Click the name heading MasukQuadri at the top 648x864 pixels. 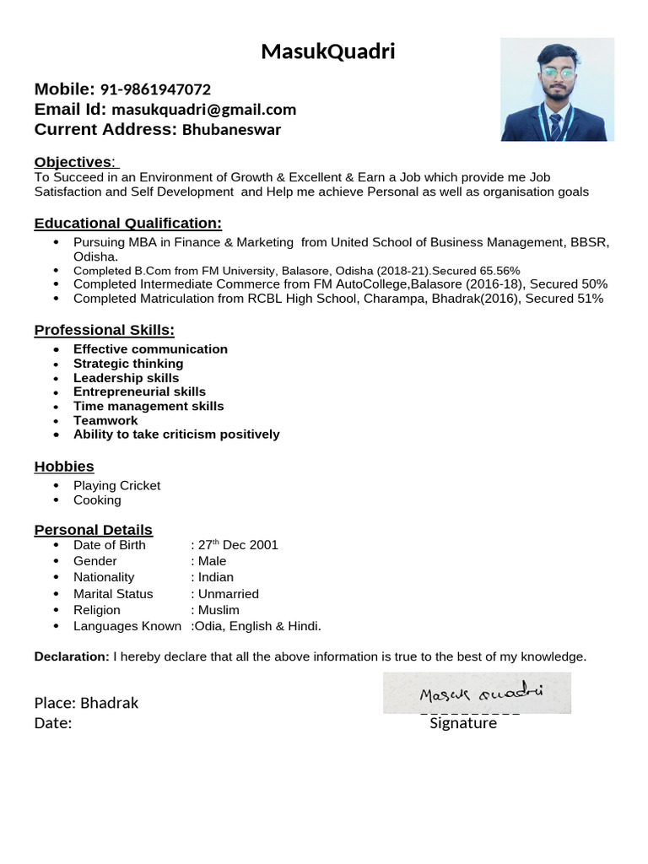[x=328, y=52]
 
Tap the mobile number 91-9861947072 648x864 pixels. [x=155, y=89]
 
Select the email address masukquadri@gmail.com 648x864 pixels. [x=203, y=110]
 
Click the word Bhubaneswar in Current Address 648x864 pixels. [x=231, y=130]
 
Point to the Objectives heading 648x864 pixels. [x=73, y=162]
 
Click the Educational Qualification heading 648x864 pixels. [x=127, y=224]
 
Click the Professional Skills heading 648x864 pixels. [x=104, y=331]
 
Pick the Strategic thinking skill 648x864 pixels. [x=127, y=364]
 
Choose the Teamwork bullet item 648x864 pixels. [x=105, y=420]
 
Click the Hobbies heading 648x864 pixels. [x=64, y=467]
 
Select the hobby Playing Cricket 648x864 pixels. [x=116, y=486]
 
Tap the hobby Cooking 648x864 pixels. [x=97, y=500]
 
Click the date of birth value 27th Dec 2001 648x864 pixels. [x=237, y=545]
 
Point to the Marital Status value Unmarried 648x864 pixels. [x=228, y=594]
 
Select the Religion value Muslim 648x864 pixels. [x=219, y=610]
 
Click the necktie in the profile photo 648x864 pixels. [x=556, y=127]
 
